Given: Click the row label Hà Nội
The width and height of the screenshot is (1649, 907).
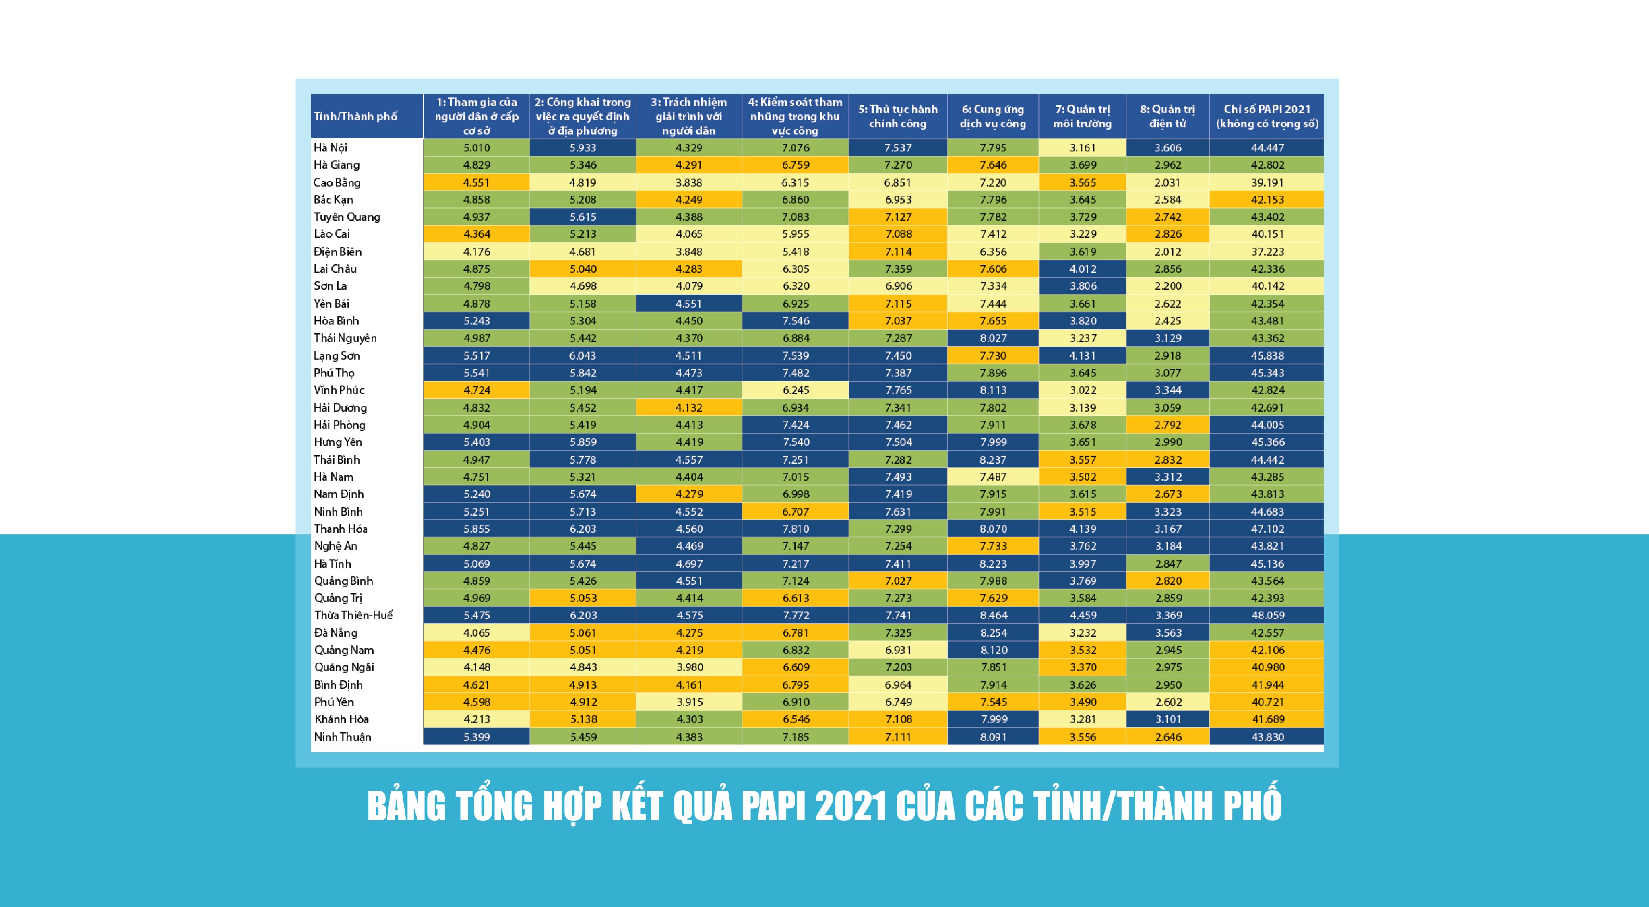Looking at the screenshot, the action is (x=330, y=148).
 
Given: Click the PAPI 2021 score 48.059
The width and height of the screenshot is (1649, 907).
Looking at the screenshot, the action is (x=1267, y=615).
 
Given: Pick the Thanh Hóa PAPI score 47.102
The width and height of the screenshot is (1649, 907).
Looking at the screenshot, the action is (x=1267, y=529).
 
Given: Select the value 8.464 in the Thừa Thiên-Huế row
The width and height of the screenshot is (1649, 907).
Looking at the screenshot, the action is (x=993, y=615).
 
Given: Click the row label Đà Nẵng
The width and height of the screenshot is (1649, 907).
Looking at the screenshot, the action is (x=335, y=632).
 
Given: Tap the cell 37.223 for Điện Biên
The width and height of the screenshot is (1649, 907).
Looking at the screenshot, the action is (x=1267, y=252).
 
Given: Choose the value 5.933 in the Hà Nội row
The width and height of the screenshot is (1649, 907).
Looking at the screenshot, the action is (x=583, y=148).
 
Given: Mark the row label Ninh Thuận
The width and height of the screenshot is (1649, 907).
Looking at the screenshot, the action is (x=343, y=737).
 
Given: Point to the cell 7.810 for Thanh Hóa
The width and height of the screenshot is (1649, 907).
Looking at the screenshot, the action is (x=796, y=529).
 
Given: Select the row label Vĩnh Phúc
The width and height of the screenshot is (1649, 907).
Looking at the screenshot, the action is (x=339, y=390).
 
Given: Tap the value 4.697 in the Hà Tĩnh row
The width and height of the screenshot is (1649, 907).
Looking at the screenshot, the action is (x=689, y=564).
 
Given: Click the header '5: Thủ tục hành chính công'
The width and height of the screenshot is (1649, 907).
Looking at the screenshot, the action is (x=897, y=116).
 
